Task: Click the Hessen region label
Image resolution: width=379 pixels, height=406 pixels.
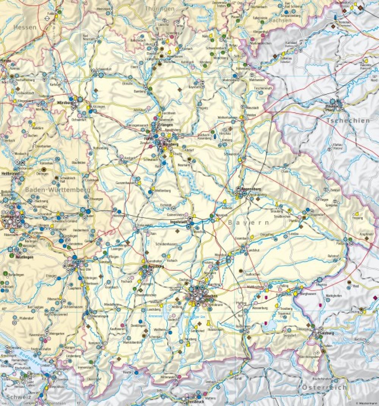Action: (25, 27)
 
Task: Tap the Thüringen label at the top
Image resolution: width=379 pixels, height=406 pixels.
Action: (160, 8)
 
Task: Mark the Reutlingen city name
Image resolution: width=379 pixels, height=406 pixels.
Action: (23, 257)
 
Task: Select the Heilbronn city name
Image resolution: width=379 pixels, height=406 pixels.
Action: (8, 172)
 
